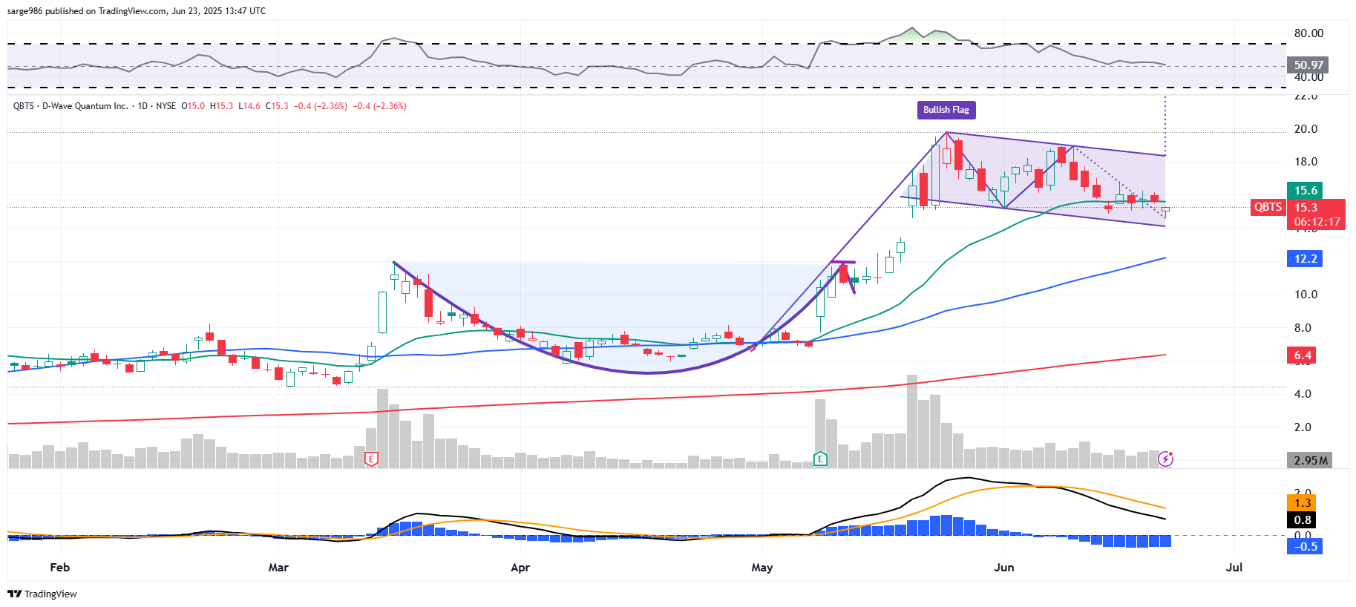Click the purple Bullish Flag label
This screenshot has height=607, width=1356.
pos(946,110)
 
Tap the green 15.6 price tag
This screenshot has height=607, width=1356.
pos(1306,191)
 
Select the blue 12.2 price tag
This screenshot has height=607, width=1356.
pos(1306,259)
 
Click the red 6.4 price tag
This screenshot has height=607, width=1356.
pos(1303,355)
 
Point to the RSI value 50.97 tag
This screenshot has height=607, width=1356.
pos(1308,65)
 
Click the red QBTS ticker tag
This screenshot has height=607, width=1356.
pos(1268,208)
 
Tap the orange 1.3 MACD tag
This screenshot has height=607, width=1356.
pos(1303,503)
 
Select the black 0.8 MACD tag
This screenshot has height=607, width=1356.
pos(1303,519)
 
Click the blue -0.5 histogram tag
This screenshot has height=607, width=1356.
pos(1306,547)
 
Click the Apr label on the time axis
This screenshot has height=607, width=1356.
pos(520,568)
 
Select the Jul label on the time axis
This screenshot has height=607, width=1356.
pos(1234,568)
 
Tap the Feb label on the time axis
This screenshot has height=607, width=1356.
pos(60,568)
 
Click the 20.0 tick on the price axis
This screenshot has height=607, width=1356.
pos(1306,129)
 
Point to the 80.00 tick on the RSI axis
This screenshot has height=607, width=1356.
pos(1308,33)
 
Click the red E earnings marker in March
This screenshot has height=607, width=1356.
pos(372,459)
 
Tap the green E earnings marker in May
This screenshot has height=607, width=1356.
pos(820,459)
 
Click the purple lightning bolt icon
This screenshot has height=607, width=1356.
pos(1166,459)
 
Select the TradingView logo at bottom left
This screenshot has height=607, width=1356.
pos(42,594)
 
